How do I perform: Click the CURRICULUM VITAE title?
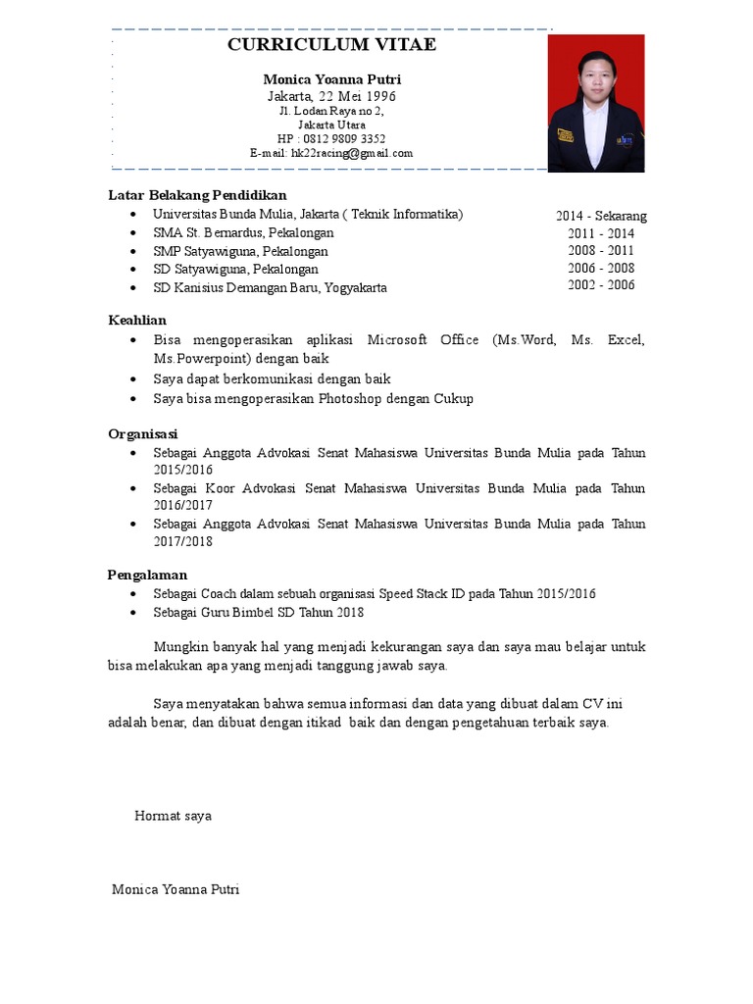(331, 45)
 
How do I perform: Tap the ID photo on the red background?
(596, 103)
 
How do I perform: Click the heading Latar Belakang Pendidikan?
(197, 195)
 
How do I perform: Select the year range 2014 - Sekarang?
(601, 216)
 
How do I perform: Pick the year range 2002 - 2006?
(601, 285)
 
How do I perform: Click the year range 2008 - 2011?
(601, 251)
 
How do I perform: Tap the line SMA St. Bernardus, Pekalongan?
(243, 233)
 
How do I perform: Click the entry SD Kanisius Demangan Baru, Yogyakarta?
(270, 287)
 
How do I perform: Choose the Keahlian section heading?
(137, 320)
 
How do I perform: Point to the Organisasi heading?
(143, 433)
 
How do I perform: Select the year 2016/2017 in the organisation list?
(183, 506)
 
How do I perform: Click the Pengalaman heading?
(147, 575)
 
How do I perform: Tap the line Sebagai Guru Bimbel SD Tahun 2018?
(258, 612)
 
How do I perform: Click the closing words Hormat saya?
(173, 816)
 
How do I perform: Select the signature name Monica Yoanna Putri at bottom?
(176, 889)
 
